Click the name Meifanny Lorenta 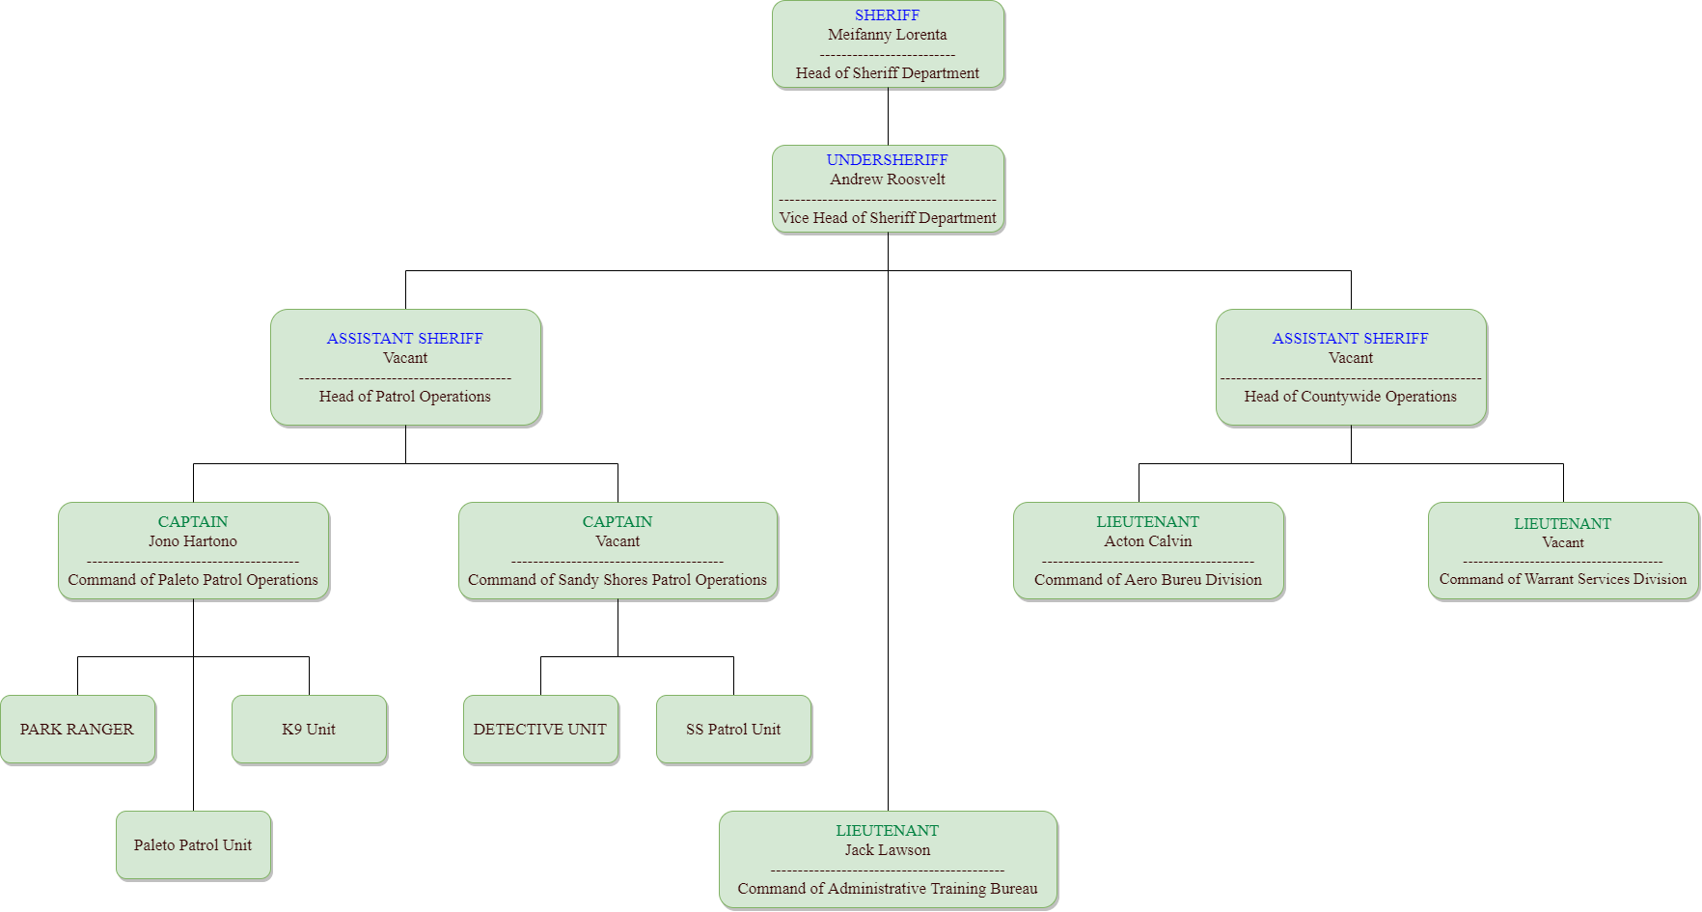887,35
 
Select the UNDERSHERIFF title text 887,160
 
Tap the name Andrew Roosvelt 887,180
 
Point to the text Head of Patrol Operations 404,397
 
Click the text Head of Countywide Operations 1350,397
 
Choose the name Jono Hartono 192,541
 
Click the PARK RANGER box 77,730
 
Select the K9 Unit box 309,730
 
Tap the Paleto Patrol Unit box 193,845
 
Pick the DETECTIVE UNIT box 540,730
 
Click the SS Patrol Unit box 733,730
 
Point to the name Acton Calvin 1147,541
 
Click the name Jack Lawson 887,850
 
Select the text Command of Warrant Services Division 1562,579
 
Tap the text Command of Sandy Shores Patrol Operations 617,580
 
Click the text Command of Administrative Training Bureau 887,889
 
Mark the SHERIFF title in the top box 887,15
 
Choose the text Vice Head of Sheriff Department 887,218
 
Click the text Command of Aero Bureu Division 1147,580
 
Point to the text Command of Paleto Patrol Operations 192,580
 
